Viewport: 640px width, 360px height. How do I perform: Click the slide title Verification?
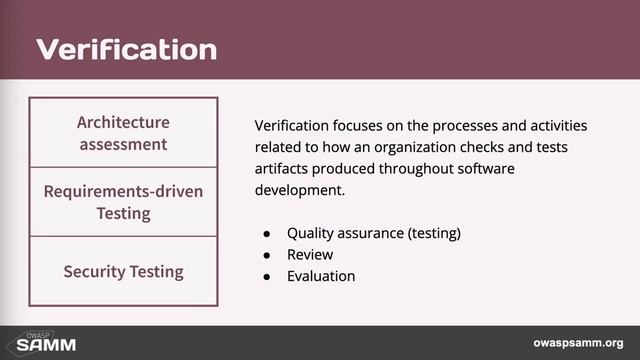[127, 48]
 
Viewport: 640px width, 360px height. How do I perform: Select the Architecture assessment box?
[123, 132]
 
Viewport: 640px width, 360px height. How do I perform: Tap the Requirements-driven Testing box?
[123, 201]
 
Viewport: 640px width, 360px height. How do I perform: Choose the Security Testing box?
[123, 271]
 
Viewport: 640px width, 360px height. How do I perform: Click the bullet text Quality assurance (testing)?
[373, 233]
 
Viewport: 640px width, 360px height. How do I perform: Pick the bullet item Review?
[310, 254]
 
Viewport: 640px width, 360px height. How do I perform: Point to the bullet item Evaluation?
[321, 276]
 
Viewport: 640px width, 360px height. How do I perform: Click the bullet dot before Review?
[267, 255]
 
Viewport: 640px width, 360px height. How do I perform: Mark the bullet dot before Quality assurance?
[267, 234]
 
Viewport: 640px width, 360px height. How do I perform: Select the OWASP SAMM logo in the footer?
[33, 342]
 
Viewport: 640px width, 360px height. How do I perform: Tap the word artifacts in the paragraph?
[284, 168]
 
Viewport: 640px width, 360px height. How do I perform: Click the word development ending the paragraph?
[301, 190]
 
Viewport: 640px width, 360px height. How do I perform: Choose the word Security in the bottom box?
[93, 271]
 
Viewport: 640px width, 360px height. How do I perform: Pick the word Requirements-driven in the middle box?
[123, 191]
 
